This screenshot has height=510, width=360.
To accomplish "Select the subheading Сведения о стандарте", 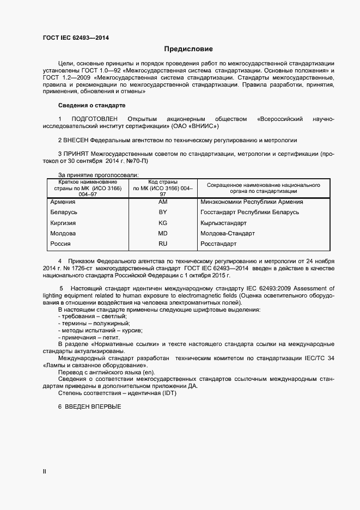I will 91,105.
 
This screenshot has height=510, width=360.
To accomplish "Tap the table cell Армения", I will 62,202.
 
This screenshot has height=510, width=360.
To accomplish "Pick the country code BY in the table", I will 162,212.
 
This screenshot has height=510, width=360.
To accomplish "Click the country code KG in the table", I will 162,223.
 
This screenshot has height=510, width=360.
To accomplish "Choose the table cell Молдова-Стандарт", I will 227,233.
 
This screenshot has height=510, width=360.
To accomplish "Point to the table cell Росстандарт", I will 218,244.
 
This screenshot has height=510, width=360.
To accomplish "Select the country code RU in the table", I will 162,244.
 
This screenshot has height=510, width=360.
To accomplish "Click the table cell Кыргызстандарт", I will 223,223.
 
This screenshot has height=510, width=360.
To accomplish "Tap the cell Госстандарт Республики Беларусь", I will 249,212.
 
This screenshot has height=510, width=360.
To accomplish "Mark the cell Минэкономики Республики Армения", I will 252,202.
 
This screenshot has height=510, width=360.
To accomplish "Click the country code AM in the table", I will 162,202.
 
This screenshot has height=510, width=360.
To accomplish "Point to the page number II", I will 44,472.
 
